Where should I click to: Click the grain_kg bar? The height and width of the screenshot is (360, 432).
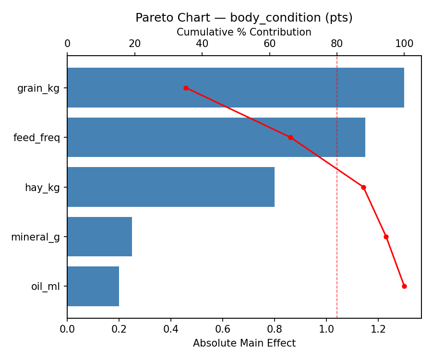[x=235, y=88]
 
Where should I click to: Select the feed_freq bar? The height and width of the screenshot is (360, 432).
[x=216, y=137]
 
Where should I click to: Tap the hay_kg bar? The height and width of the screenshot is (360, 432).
[x=171, y=187]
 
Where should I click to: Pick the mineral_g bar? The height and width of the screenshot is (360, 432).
[x=99, y=237]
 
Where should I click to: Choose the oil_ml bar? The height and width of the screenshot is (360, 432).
[x=93, y=286]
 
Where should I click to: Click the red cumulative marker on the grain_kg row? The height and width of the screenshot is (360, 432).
[x=186, y=88]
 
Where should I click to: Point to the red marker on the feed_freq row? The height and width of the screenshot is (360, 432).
[x=290, y=137]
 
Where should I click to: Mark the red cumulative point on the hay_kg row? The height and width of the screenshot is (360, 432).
[x=363, y=187]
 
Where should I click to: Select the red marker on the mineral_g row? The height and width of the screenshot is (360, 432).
[x=386, y=237]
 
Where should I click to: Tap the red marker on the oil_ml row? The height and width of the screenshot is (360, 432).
[x=404, y=286]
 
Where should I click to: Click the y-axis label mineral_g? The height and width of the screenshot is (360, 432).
[x=36, y=237]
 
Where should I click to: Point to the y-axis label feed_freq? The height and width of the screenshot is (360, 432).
[x=37, y=138]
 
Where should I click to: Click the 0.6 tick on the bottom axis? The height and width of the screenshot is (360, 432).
[x=223, y=330]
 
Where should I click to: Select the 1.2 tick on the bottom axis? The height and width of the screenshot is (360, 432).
[x=378, y=330]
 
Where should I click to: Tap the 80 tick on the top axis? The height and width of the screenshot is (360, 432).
[x=337, y=44]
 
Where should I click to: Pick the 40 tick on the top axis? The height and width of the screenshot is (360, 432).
[x=202, y=44]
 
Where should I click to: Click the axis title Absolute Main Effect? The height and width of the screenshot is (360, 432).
[x=244, y=344]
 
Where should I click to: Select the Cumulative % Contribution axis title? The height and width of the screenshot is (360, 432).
[x=244, y=32]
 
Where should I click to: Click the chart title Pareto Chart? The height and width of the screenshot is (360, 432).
[x=244, y=18]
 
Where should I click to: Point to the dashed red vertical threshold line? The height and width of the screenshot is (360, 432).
[x=337, y=216]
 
